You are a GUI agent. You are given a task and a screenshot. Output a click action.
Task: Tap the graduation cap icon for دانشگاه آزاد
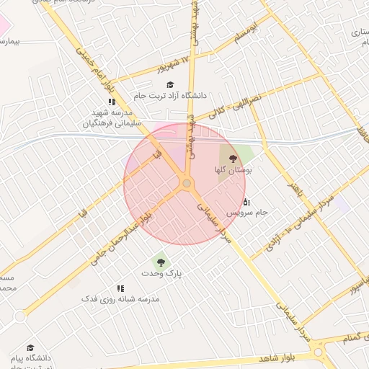coord(170,84)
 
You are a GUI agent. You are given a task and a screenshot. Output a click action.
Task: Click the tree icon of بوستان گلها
coord(233,158)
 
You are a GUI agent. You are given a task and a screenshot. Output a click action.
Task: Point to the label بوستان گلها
coord(233,170)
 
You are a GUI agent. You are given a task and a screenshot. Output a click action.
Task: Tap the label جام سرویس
coord(247,213)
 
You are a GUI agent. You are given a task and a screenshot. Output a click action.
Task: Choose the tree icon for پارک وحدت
coord(159,262)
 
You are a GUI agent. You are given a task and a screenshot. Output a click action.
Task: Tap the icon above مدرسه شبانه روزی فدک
coord(120,287)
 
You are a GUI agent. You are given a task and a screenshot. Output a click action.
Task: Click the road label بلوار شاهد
coord(277,358)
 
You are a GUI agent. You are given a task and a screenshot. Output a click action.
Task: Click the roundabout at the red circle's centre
coord(187,184)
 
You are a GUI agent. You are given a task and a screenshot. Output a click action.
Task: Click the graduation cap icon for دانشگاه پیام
coord(30,347)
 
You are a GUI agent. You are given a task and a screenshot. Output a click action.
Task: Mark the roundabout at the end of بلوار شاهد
coord(318,353)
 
